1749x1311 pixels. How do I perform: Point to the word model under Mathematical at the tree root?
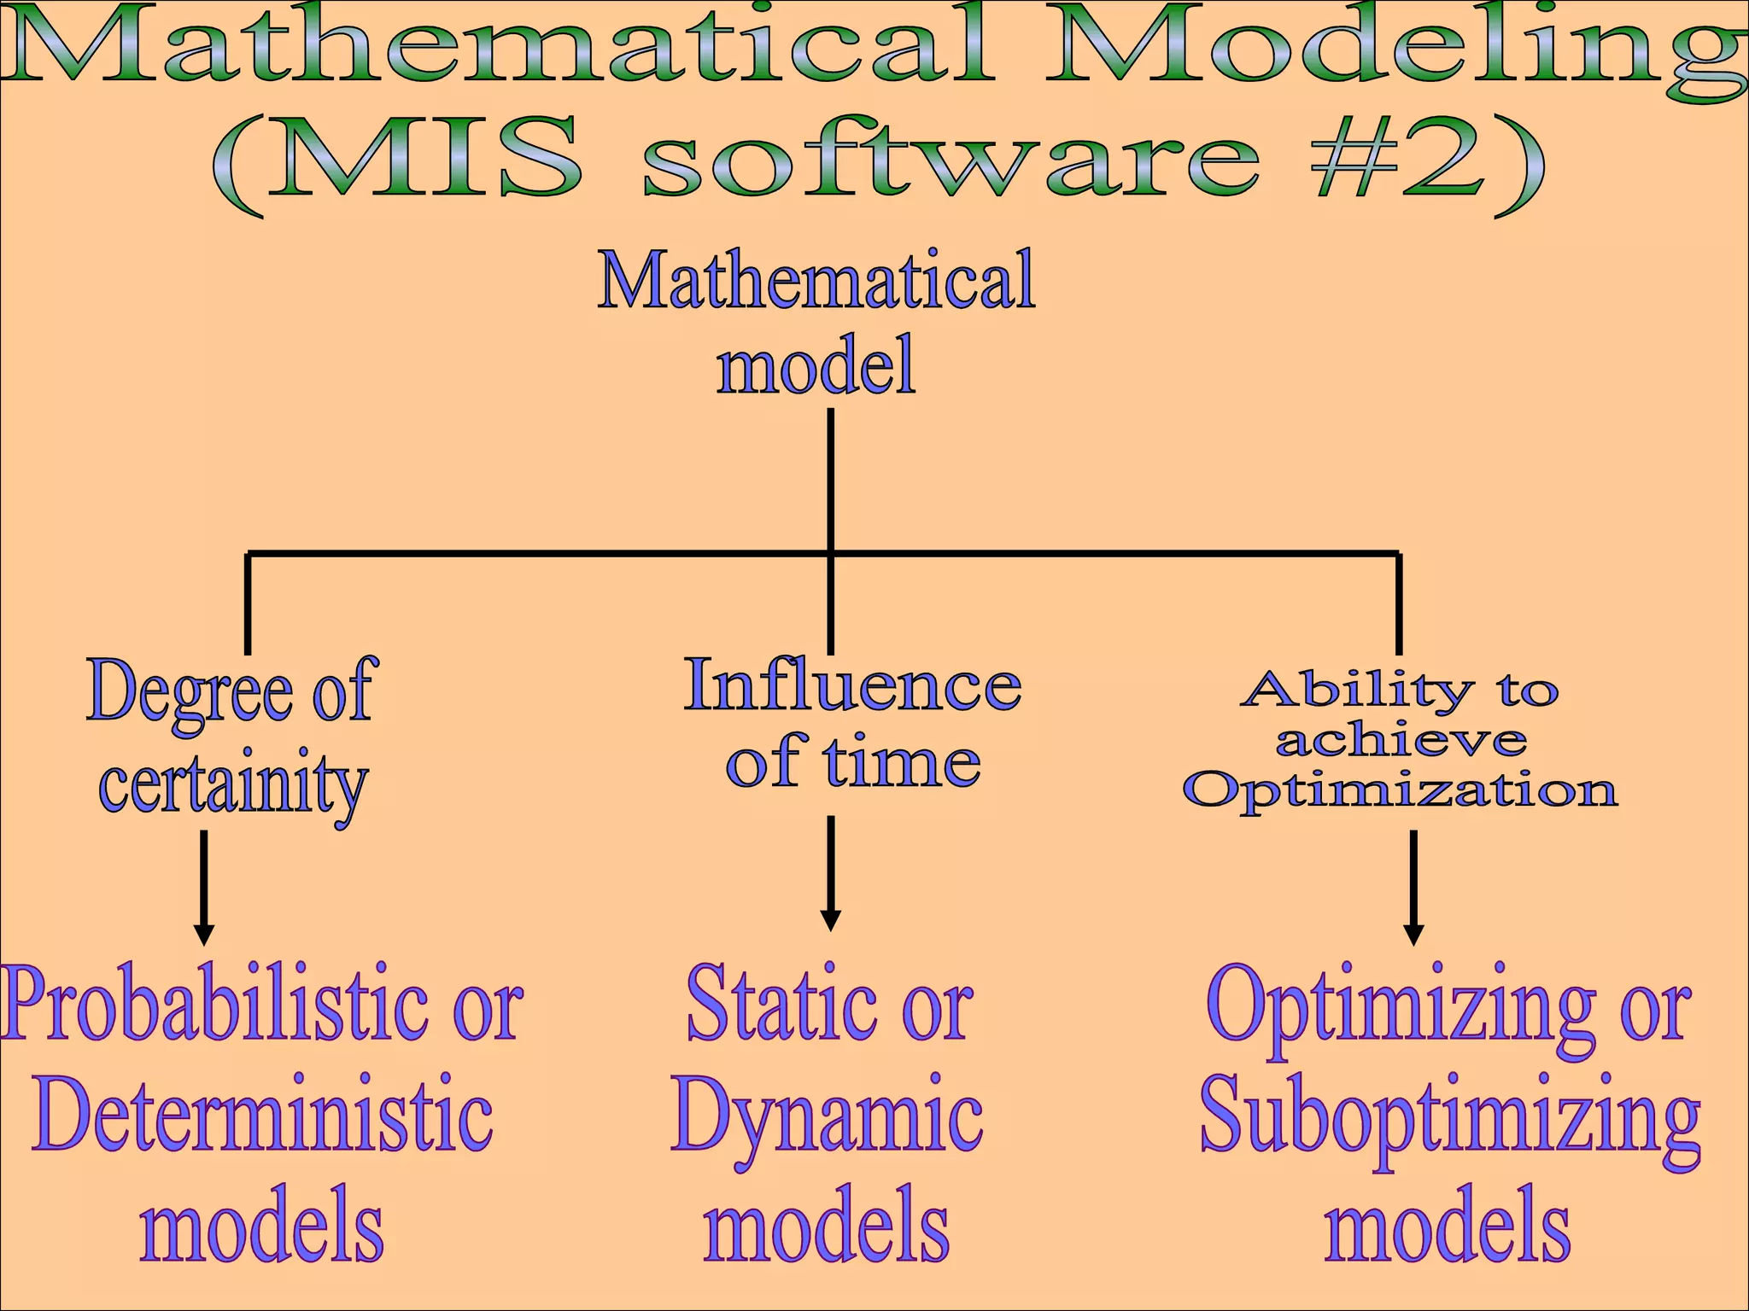(816, 364)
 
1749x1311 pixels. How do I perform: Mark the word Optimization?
(1401, 790)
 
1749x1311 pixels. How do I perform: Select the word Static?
(781, 1005)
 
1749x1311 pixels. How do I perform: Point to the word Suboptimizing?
(1449, 1118)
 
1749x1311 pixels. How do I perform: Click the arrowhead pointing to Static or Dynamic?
(830, 920)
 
